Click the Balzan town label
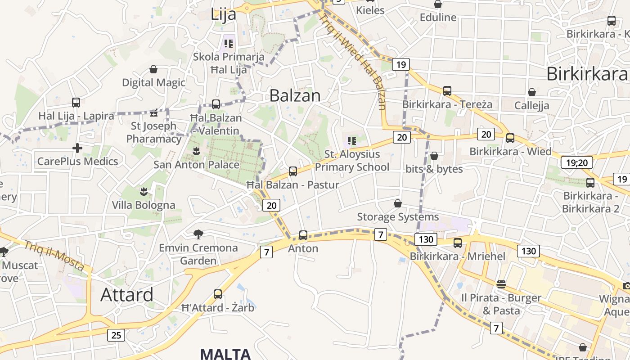tap(295, 95)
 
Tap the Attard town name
tap(126, 295)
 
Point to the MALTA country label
tap(225, 354)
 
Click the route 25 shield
tap(116, 335)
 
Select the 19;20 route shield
tap(576, 162)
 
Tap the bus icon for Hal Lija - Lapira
tap(76, 103)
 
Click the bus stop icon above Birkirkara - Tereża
tap(447, 91)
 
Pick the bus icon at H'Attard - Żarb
tap(218, 294)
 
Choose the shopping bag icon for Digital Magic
tap(153, 69)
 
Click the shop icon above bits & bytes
tap(434, 156)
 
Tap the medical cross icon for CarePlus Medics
tap(77, 148)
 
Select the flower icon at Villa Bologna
tap(144, 192)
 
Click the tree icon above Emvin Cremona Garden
tap(198, 234)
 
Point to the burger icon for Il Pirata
tap(501, 284)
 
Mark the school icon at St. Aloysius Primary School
tap(352, 140)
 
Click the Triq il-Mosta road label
tap(54, 256)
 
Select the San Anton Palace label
tap(196, 165)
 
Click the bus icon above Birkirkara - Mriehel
tap(458, 243)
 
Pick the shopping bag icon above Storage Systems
tap(397, 203)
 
